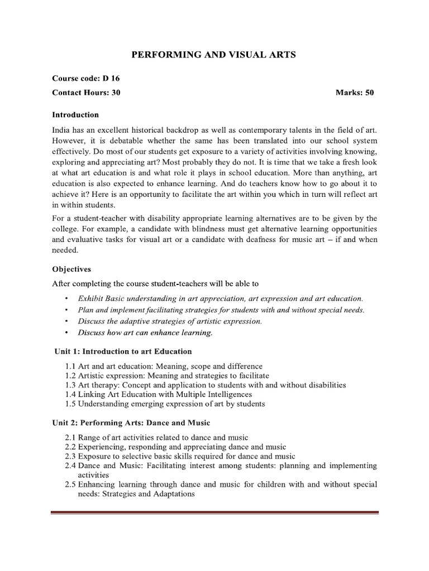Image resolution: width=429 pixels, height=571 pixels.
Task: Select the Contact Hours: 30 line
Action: [86, 93]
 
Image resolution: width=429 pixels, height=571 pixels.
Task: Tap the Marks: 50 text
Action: [355, 93]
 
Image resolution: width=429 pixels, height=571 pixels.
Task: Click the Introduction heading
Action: [75, 115]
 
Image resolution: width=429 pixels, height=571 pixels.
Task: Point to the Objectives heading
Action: [72, 269]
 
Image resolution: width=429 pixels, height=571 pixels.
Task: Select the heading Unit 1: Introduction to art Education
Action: [123, 351]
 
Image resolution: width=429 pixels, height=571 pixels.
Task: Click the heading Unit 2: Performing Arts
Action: [131, 423]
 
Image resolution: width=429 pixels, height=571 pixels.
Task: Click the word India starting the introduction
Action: [61, 130]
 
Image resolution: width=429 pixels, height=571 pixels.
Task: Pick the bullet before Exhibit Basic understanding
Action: [67, 299]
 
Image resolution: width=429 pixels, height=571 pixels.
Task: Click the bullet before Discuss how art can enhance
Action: [67, 333]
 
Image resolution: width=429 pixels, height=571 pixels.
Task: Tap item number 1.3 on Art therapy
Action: [70, 385]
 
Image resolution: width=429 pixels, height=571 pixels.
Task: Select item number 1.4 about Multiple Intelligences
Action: [70, 394]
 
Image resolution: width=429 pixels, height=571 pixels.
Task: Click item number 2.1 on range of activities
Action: [70, 437]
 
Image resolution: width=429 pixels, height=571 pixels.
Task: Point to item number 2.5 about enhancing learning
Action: [70, 485]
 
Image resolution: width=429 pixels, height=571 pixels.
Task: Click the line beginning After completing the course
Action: [155, 283]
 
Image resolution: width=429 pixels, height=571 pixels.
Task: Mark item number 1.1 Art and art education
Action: [70, 366]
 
